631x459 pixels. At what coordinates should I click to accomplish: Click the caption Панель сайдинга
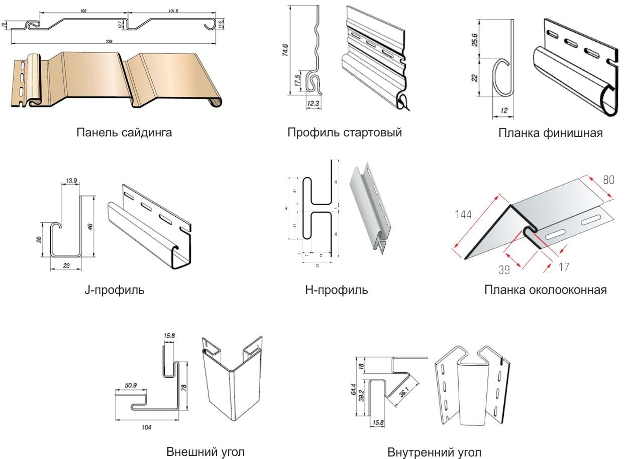pos(124,133)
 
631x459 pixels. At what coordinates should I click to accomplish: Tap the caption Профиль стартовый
pos(345,133)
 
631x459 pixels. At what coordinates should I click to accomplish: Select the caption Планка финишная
pos(551,133)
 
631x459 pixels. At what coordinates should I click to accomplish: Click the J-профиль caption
pos(114,290)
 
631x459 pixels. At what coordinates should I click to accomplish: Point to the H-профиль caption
pos(336,290)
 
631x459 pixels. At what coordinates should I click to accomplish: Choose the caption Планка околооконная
pos(546,290)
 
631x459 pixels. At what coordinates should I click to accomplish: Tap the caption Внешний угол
pos(205,451)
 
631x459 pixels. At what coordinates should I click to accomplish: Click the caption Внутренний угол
pos(434,452)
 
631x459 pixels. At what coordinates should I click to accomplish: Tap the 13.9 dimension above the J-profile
pos(71,181)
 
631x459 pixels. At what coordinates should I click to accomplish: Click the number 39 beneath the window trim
pos(504,269)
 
